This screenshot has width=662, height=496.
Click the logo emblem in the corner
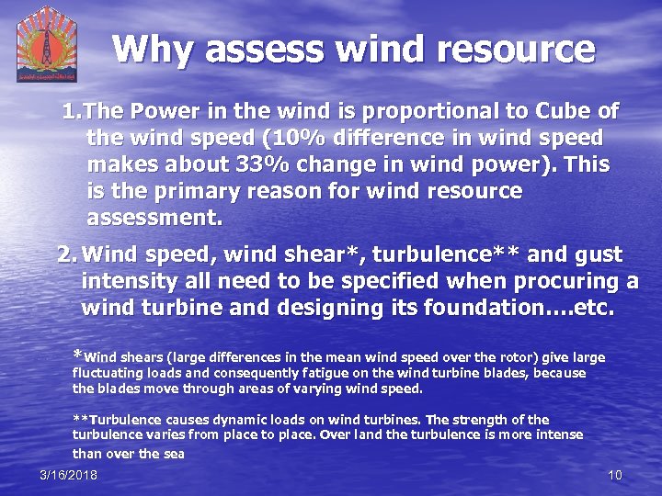(x=46, y=43)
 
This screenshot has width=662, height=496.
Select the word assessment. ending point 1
(x=154, y=219)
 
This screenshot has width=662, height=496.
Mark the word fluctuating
(x=109, y=374)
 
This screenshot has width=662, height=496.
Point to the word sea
(x=173, y=453)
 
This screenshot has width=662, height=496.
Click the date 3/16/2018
(x=68, y=475)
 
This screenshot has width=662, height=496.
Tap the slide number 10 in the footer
(x=616, y=475)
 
